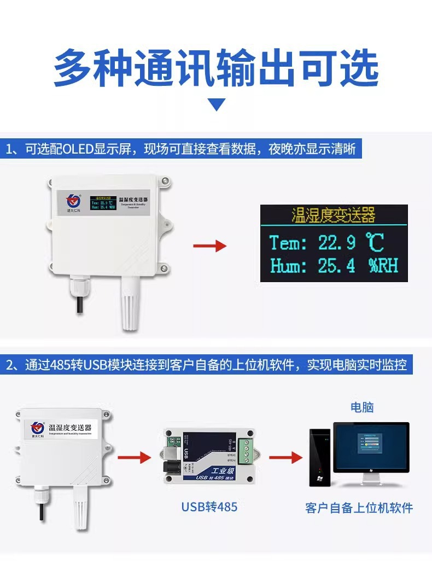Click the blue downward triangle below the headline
pyautogui.click(x=218, y=104)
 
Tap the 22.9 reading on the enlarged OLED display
pyautogui.click(x=337, y=242)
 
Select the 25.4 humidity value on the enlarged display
pyautogui.click(x=337, y=266)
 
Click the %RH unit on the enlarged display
pyautogui.click(x=383, y=266)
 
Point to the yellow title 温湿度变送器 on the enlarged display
pyautogui.click(x=334, y=215)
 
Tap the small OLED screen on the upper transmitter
pyautogui.click(x=103, y=203)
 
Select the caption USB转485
pyautogui.click(x=209, y=507)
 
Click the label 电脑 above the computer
pyautogui.click(x=362, y=407)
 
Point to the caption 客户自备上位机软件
pyautogui.click(x=359, y=508)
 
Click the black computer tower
pyautogui.click(x=320, y=457)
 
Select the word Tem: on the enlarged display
pyautogui.click(x=288, y=242)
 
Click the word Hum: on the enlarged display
pyautogui.click(x=288, y=266)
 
